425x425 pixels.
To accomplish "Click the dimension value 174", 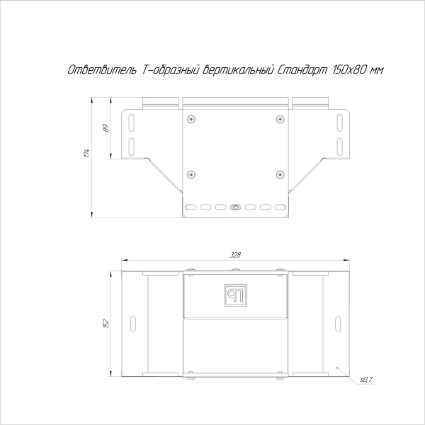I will coord(85,152).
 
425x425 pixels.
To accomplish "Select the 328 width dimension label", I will coord(234,255).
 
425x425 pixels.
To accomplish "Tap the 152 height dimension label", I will coord(106,323).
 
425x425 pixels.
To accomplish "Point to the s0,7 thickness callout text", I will coord(366,380).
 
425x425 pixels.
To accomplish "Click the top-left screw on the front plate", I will coord(190,120).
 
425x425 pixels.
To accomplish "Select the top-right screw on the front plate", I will coord(279,120).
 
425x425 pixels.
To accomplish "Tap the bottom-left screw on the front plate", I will coord(190,174).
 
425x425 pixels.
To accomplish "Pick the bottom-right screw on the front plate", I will coord(279,174).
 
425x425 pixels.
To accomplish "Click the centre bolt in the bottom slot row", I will coord(235,208).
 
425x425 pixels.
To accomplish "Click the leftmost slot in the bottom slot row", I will coord(190,208).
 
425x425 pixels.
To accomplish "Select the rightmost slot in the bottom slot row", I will coord(280,208).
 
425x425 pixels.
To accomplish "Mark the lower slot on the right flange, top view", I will coord(339,147).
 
